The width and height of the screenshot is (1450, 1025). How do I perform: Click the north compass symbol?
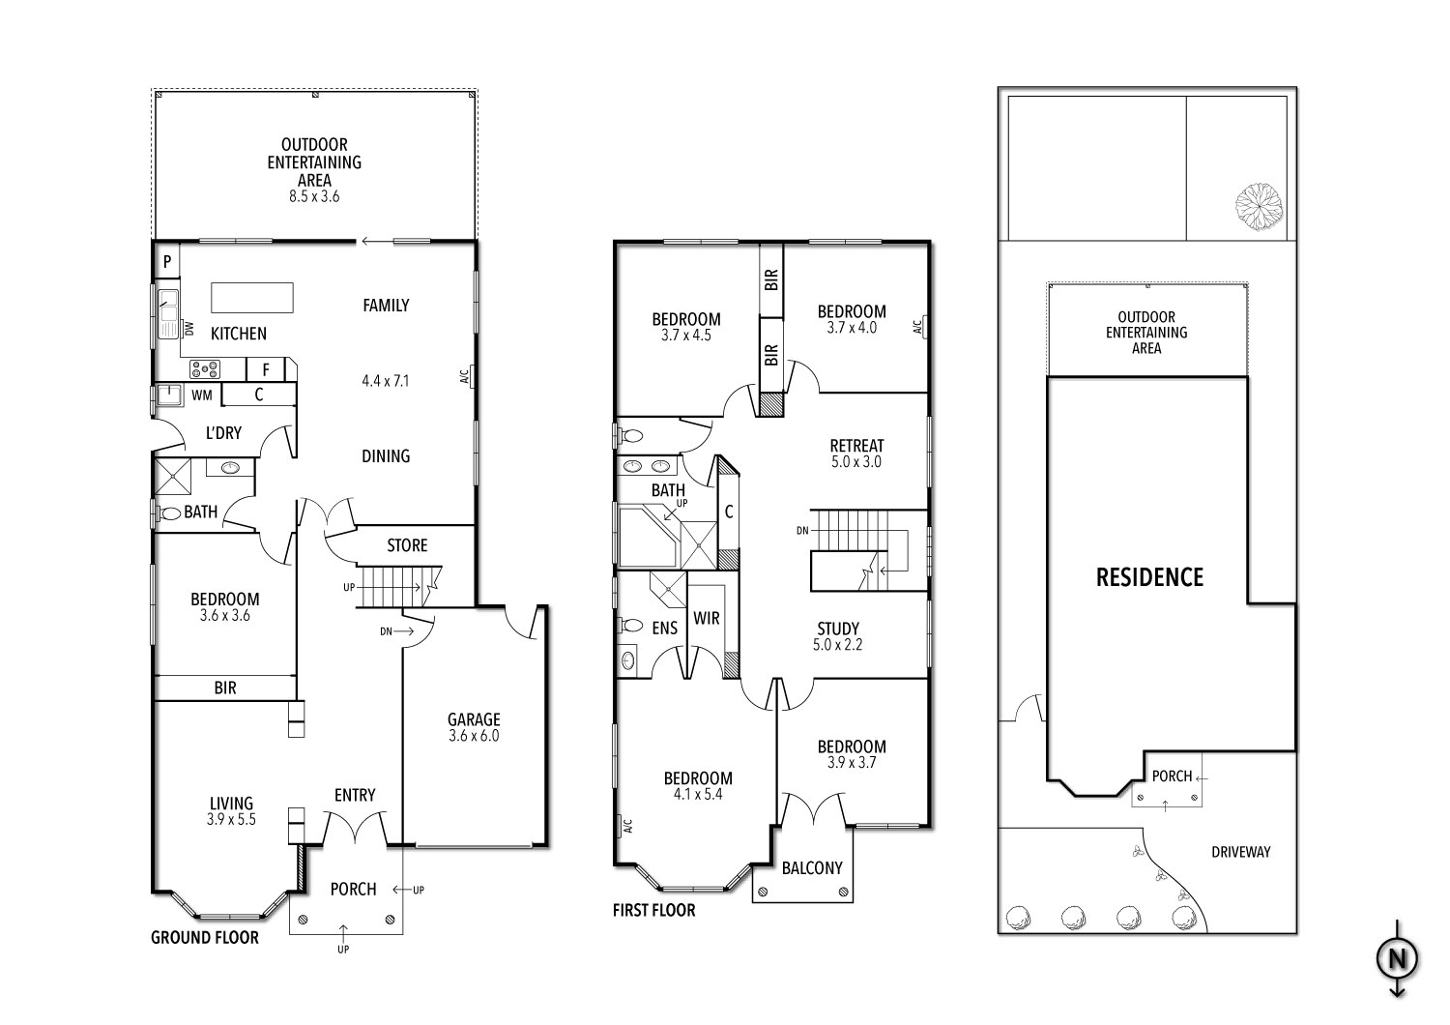coord(1397,959)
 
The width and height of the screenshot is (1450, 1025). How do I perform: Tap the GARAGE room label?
coord(474,719)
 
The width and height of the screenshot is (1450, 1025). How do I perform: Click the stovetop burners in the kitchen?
coord(205,368)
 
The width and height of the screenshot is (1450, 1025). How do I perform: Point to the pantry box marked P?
coord(167,261)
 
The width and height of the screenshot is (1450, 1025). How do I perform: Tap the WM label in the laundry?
coord(201,395)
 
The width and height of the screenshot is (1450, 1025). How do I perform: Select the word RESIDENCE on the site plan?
coord(1149,577)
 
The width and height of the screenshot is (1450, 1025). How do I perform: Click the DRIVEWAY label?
coord(1240,852)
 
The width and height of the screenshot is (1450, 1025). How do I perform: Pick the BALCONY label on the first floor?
coord(812,867)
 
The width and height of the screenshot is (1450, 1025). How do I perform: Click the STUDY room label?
coord(837,629)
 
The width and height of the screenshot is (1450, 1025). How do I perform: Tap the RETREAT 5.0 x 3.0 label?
coord(856,453)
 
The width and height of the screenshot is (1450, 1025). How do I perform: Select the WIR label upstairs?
coord(707,618)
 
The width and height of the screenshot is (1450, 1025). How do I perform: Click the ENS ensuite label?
coord(664,629)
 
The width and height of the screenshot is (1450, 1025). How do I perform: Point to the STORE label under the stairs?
coord(407,545)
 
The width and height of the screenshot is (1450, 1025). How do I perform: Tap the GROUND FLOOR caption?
coord(205,937)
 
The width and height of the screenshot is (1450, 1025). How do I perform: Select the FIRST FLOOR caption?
coord(653,910)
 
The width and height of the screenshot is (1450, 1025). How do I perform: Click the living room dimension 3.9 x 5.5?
coord(232,819)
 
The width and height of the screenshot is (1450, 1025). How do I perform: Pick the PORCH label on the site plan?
coord(1171,776)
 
